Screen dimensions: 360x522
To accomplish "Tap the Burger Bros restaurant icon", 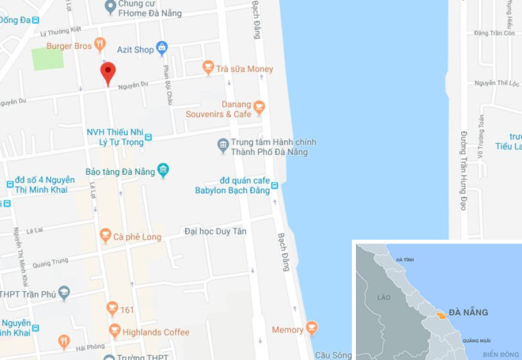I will [x=99, y=44].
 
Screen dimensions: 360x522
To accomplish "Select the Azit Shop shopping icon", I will [x=162, y=48].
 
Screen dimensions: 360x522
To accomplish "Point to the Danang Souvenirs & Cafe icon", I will [x=259, y=104].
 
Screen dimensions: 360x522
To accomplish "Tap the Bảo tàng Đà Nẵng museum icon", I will [x=163, y=169].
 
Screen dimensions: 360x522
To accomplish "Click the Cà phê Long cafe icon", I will [x=105, y=235].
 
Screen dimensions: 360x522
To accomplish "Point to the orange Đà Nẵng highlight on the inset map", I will [x=438, y=316].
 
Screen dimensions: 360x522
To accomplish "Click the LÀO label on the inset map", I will [x=385, y=297].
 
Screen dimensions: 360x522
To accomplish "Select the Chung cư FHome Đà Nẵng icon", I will [x=111, y=6].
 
